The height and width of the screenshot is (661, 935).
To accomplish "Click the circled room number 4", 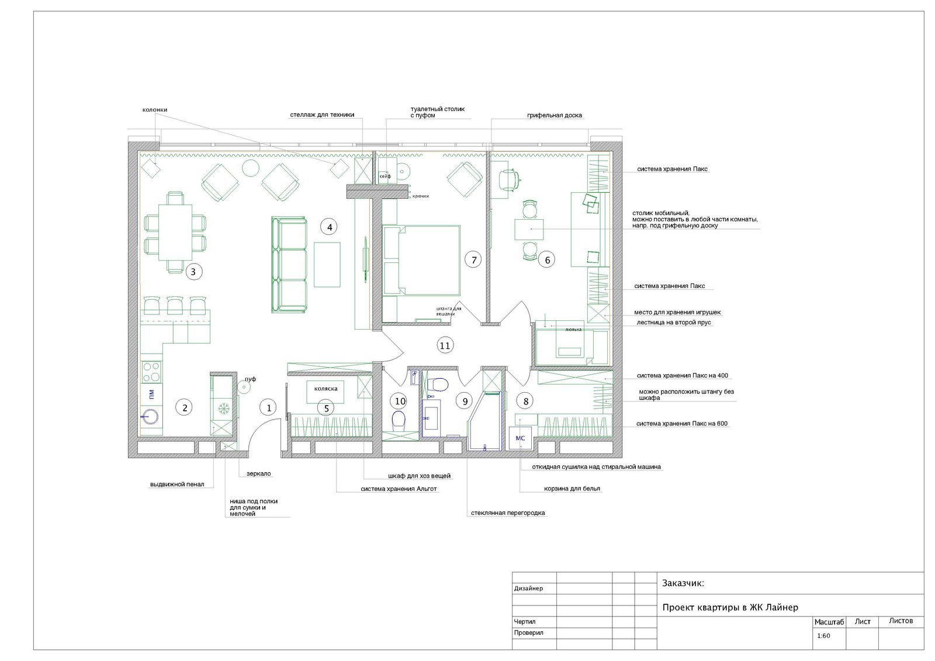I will pyautogui.click(x=330, y=227).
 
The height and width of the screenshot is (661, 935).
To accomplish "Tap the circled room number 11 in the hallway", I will pyautogui.click(x=445, y=345).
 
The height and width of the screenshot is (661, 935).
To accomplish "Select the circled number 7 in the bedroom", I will pyautogui.click(x=473, y=260).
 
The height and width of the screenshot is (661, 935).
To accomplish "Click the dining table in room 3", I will pyautogui.click(x=175, y=232).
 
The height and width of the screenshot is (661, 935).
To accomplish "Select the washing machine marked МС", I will pyautogui.click(x=520, y=438).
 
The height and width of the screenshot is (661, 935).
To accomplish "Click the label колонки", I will pyautogui.click(x=155, y=110).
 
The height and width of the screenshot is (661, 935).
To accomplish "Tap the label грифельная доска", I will pyautogui.click(x=554, y=116).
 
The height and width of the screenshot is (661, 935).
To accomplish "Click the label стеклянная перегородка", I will pyautogui.click(x=508, y=513).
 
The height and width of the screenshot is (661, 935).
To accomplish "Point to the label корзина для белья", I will pyautogui.click(x=572, y=489).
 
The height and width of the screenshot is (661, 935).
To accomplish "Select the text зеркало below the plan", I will pyautogui.click(x=258, y=473).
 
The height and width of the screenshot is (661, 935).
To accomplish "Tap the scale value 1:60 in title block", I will pyautogui.click(x=823, y=636).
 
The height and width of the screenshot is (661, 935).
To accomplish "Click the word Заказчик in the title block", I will pyautogui.click(x=683, y=583).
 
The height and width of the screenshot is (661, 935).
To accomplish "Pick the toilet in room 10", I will pyautogui.click(x=399, y=421).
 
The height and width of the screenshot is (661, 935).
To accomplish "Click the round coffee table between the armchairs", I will pyautogui.click(x=251, y=168).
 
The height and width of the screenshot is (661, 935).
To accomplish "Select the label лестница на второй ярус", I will pyautogui.click(x=674, y=323).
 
